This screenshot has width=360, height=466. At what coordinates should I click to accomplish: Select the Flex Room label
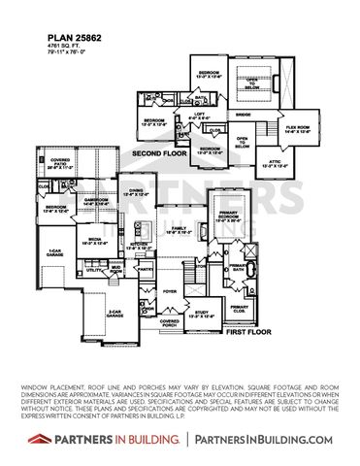296,128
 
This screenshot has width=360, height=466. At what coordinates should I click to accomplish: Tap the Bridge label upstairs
243,115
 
